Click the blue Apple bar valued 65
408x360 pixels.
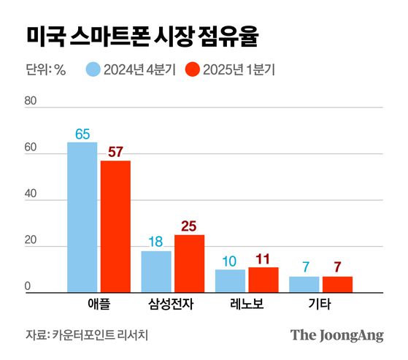[82, 217]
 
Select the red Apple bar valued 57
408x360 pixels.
[115, 226]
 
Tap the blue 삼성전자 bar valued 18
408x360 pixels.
[156, 272]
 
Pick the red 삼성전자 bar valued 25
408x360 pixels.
[189, 264]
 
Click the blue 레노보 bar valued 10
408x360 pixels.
[230, 281]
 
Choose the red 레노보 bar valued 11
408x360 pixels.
[263, 280]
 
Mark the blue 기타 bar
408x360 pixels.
[304, 285]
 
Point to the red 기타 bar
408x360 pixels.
[337, 285]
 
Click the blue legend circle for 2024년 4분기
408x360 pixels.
[93, 70]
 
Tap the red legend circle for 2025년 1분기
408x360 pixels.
[193, 70]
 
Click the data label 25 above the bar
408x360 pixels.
[189, 226]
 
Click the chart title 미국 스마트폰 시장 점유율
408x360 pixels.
[141, 37]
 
